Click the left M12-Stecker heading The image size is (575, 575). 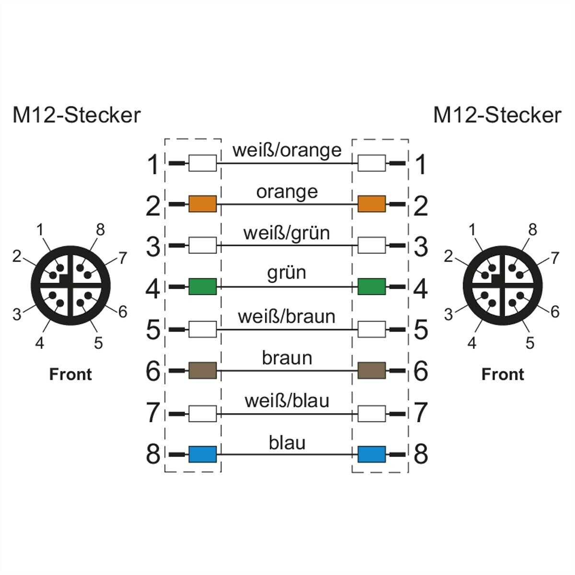click(x=77, y=115)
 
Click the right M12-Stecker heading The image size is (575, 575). click(x=497, y=115)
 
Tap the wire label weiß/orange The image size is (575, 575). click(x=287, y=150)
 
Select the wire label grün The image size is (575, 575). click(x=287, y=273)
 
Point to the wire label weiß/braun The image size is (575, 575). click(x=287, y=317)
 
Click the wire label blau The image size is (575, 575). click(x=287, y=443)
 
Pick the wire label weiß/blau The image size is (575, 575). click(x=287, y=401)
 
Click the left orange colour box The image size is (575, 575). click(x=202, y=204)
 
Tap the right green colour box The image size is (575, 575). click(x=371, y=287)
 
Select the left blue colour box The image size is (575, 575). click(x=202, y=454)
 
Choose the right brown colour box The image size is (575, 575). click(x=371, y=370)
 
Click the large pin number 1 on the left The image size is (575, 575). click(x=153, y=165)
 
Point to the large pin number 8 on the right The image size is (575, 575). click(x=420, y=454)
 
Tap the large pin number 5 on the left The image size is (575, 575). click(x=153, y=330)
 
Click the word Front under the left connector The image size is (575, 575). click(x=70, y=374)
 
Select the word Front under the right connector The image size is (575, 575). click(x=503, y=374)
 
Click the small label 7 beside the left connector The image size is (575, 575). click(x=123, y=258)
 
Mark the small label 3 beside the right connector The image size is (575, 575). click(x=448, y=315)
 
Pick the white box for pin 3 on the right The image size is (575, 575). click(x=371, y=245)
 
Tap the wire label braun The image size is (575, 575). click(x=287, y=358)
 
